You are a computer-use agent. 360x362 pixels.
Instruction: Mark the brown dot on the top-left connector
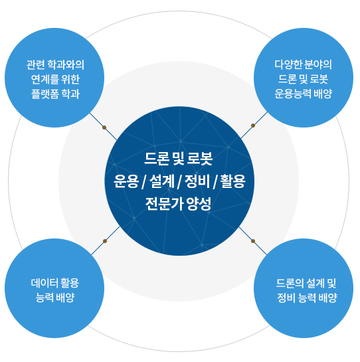(x=104, y=128)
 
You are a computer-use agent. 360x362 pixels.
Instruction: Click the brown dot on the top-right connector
(x=253, y=124)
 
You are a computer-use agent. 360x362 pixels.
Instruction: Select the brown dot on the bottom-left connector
(x=105, y=240)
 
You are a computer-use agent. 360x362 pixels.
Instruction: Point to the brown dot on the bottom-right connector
(x=253, y=241)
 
